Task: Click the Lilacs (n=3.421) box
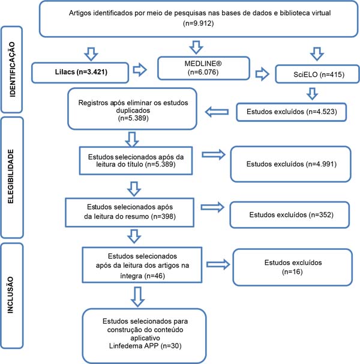(x=80, y=73)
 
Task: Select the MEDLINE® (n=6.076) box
(x=203, y=68)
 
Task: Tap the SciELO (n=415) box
(x=317, y=74)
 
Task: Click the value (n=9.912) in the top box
(x=199, y=23)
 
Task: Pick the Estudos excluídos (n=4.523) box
(x=292, y=112)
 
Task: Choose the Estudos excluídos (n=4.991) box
(x=290, y=164)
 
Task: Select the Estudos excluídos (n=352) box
(x=290, y=214)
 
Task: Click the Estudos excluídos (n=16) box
(x=293, y=267)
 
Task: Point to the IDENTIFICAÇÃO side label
(x=12, y=70)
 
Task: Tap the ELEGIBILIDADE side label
(x=11, y=177)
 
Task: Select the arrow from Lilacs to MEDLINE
(x=140, y=70)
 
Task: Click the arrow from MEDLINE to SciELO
(x=262, y=74)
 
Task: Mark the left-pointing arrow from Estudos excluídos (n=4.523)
(x=217, y=112)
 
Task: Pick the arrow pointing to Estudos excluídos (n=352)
(x=212, y=207)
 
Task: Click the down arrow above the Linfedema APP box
(x=137, y=297)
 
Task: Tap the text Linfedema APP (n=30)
(x=145, y=346)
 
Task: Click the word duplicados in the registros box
(x=133, y=111)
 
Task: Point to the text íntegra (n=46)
(x=142, y=276)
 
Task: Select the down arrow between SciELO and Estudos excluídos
(x=312, y=94)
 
